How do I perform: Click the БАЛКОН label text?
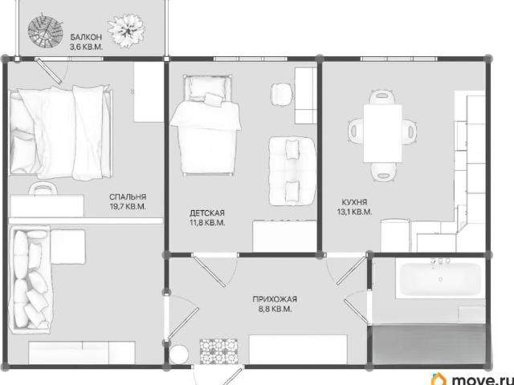pos(86,37)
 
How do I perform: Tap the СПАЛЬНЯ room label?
pos(128,197)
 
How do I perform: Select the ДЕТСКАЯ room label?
pos(207,213)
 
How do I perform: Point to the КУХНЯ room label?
pos(354,202)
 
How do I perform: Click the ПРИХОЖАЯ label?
pos(275,299)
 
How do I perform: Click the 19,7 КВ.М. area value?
pos(128,207)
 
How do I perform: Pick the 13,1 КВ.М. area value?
pos(355,212)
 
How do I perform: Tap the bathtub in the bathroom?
pos(440,278)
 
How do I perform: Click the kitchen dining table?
pos(382,133)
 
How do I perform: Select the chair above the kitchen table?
pos(382,97)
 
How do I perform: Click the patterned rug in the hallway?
pos(218,351)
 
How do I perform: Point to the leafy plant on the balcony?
pos(127,30)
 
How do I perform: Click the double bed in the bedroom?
pos(61,132)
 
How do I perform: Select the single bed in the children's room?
pos(206,124)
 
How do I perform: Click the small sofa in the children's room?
pos(292,171)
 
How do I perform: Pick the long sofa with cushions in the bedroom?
pos(31,279)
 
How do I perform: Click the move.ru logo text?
pos(483,379)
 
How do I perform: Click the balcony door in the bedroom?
pos(49,71)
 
